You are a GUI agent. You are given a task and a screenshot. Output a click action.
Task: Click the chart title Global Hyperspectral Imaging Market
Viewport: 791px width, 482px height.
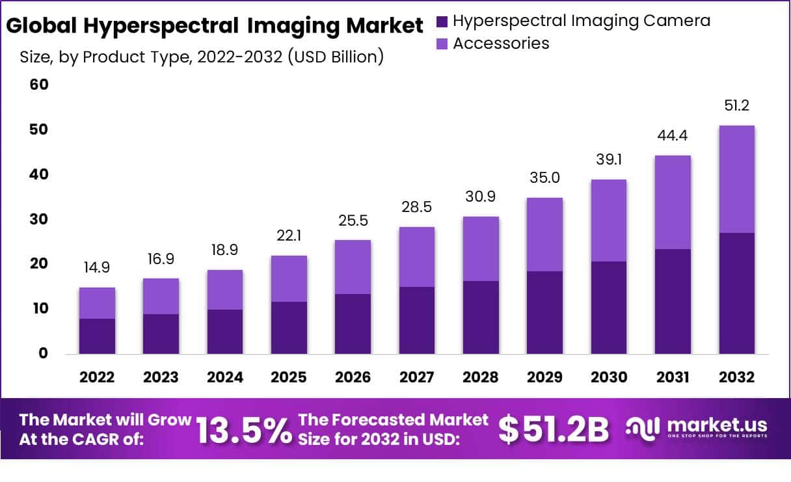[215, 26]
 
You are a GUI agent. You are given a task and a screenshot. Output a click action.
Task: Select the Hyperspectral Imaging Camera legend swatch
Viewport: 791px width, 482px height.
[442, 21]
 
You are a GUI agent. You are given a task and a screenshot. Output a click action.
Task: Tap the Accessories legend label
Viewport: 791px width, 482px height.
[501, 44]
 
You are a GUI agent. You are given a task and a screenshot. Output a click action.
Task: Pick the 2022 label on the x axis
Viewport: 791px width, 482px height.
[97, 378]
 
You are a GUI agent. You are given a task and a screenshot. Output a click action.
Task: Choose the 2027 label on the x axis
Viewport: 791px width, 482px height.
[416, 378]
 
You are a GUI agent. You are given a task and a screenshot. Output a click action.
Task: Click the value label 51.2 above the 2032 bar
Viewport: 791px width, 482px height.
[737, 106]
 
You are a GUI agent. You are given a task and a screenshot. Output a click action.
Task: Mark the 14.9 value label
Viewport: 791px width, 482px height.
[97, 268]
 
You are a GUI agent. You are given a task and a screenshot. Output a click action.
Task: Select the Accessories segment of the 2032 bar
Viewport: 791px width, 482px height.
[737, 179]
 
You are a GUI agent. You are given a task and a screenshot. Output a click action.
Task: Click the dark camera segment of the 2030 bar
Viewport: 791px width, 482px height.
[608, 307]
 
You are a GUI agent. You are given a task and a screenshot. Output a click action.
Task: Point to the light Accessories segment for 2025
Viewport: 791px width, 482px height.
[289, 278]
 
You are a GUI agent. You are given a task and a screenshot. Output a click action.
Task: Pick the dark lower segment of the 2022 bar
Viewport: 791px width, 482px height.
[97, 336]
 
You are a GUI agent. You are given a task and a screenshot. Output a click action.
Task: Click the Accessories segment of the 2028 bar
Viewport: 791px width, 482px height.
[481, 248]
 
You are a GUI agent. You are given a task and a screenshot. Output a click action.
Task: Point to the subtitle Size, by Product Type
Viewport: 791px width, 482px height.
[202, 57]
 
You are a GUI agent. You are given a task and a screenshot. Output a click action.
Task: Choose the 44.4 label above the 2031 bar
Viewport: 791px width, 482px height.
[673, 136]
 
